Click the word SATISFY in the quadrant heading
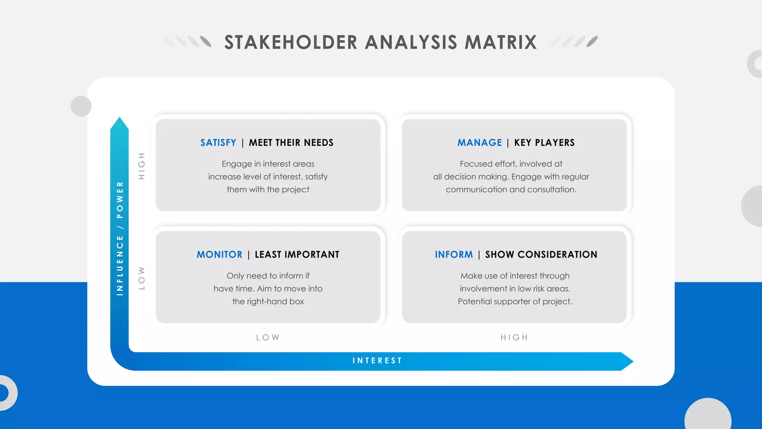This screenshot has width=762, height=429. click(218, 143)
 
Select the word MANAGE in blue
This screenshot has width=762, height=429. click(480, 143)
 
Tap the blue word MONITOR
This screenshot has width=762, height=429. click(220, 255)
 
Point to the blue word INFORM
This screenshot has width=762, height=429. click(454, 255)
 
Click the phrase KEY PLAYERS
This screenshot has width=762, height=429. click(544, 143)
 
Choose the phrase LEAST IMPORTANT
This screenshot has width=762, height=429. click(297, 255)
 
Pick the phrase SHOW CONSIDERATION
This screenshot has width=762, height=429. click(541, 255)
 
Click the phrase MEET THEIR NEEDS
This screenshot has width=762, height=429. click(291, 143)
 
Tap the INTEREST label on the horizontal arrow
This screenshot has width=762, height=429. click(377, 360)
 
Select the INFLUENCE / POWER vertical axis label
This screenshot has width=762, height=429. click(120, 238)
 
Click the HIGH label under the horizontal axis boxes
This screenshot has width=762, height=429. click(514, 337)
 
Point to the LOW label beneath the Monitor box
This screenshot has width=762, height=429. click(268, 337)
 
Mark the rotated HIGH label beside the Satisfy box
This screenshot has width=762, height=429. click(141, 166)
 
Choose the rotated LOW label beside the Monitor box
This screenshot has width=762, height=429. click(141, 278)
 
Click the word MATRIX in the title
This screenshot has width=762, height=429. click(501, 42)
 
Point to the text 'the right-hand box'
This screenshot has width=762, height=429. click(268, 301)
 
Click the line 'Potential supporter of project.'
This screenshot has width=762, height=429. click(515, 301)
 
